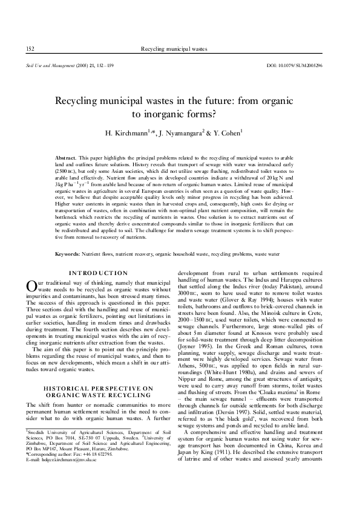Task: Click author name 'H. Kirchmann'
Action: (x=125, y=132)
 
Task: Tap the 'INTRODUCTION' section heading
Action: (x=98, y=273)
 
